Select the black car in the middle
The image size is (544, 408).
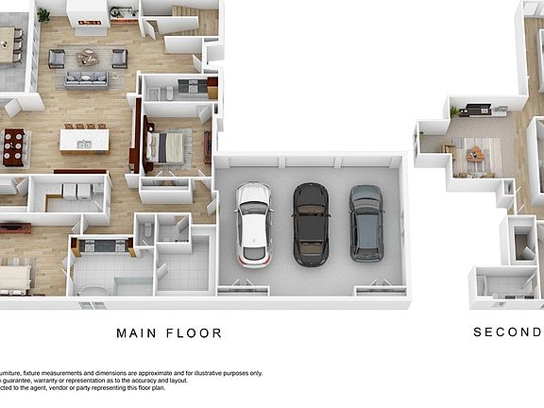310,223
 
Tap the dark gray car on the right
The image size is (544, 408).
365,222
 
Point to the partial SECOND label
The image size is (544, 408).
507,332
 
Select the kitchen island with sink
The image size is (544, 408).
83,140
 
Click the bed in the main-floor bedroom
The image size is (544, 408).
170,146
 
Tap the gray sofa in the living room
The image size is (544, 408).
87,80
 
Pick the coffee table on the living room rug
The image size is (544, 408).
88,59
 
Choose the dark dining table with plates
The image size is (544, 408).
13,147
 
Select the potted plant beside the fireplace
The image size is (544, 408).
43,14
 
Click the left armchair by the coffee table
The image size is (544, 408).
57,59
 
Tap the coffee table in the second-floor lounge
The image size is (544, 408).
475,153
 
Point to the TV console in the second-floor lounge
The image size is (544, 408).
477,110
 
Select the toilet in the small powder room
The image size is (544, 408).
144,230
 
